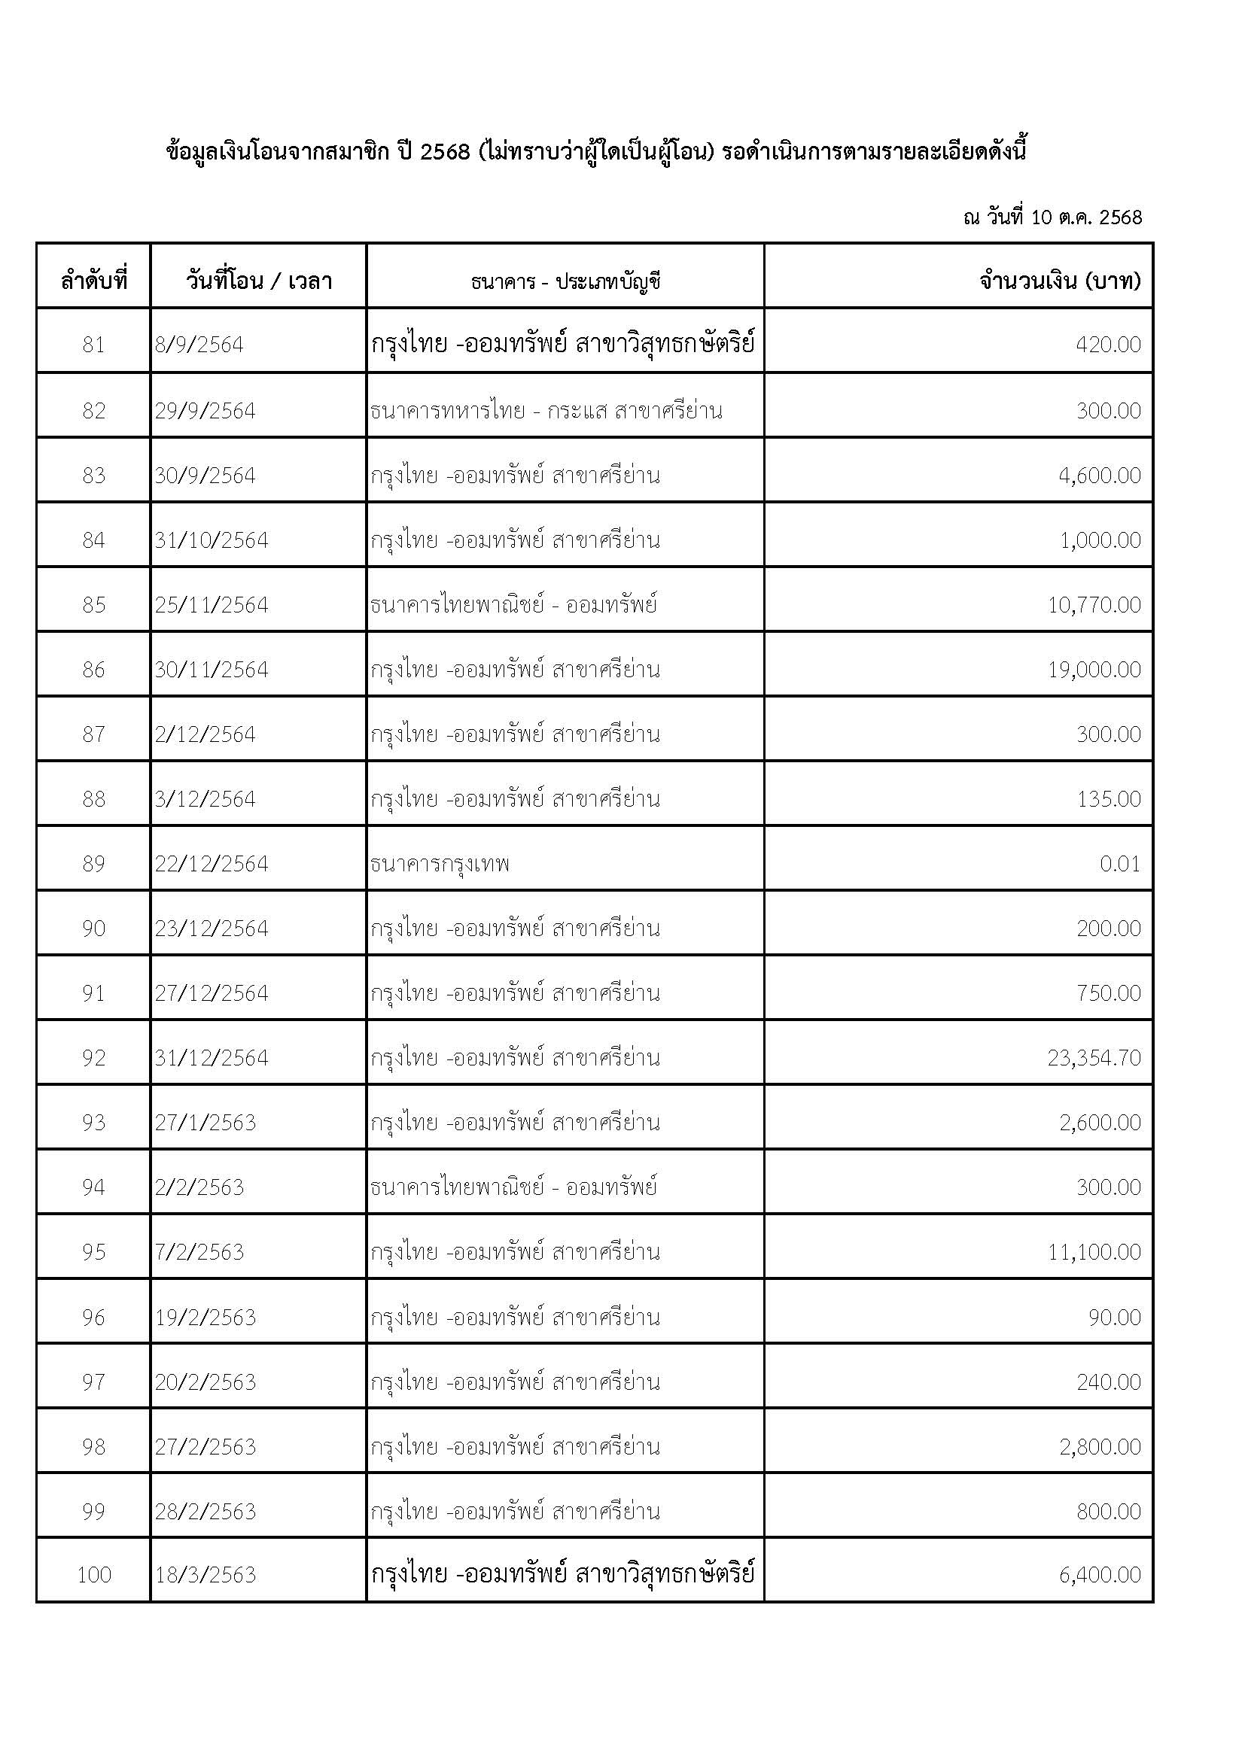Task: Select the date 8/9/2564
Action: [x=199, y=345]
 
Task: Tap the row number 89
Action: [x=93, y=864]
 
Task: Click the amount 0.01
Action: [x=1119, y=864]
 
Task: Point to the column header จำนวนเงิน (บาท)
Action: [x=1060, y=281]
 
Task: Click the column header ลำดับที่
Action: [x=93, y=281]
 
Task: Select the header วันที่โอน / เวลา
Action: [x=258, y=281]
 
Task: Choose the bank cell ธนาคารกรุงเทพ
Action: [x=440, y=864]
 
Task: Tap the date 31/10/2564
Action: [x=212, y=540]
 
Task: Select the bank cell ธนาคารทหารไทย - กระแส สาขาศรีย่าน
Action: [x=546, y=411]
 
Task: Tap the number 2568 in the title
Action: [x=445, y=152]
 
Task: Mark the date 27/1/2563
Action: [x=205, y=1123]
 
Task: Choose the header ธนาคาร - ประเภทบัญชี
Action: [x=566, y=281]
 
